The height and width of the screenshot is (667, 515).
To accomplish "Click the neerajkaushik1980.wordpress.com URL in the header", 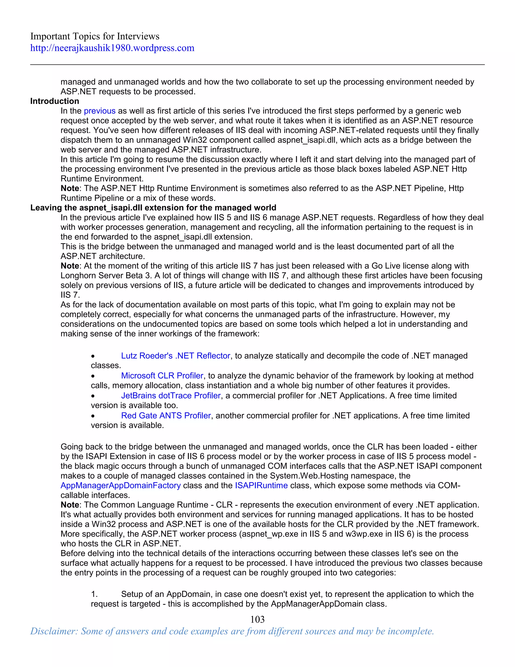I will [x=112, y=48].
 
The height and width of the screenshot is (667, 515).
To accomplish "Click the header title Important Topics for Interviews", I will [x=95, y=36].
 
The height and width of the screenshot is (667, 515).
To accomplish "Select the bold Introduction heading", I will [x=55, y=101].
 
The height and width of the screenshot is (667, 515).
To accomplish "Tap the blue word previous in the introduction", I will [x=100, y=111].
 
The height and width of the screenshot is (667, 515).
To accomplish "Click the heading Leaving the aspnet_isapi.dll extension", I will [x=153, y=208].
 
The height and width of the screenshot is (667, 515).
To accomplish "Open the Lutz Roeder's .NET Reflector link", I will [x=176, y=356].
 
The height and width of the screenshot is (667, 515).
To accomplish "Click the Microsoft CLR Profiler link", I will [x=162, y=376].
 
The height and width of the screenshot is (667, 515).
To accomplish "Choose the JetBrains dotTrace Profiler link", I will [x=170, y=395].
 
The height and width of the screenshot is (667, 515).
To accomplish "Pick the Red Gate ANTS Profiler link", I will [x=166, y=416].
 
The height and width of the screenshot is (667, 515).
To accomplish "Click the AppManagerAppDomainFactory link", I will [x=120, y=486].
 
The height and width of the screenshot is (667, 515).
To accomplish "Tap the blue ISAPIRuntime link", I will [x=261, y=486].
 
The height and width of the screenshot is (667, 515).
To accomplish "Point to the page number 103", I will [x=257, y=619].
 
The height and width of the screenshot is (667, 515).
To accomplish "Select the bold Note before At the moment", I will [x=70, y=266].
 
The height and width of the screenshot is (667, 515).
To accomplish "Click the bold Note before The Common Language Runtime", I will [x=70, y=505].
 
